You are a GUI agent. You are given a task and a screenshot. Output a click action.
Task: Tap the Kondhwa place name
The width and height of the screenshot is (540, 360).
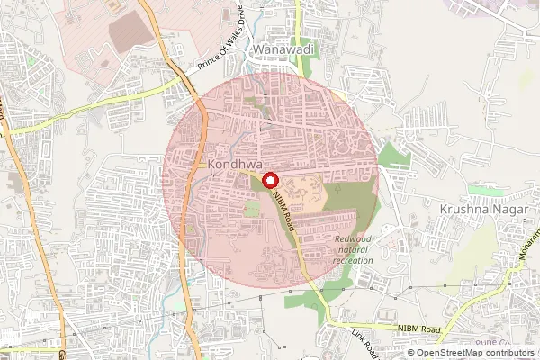click(234, 166)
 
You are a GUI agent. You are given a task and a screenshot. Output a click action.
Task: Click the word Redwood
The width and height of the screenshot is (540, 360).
click(352, 238)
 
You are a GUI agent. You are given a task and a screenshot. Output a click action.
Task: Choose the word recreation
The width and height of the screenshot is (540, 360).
click(353, 260)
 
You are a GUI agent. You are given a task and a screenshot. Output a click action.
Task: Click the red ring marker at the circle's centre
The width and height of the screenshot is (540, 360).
click(269, 179)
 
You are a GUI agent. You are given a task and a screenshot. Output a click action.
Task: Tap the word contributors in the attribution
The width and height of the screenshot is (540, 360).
click(509, 353)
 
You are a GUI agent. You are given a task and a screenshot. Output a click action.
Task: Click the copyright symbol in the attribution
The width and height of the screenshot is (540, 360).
click(410, 353)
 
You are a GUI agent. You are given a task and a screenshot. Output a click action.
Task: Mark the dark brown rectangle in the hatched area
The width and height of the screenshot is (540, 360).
click(131, 32)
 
